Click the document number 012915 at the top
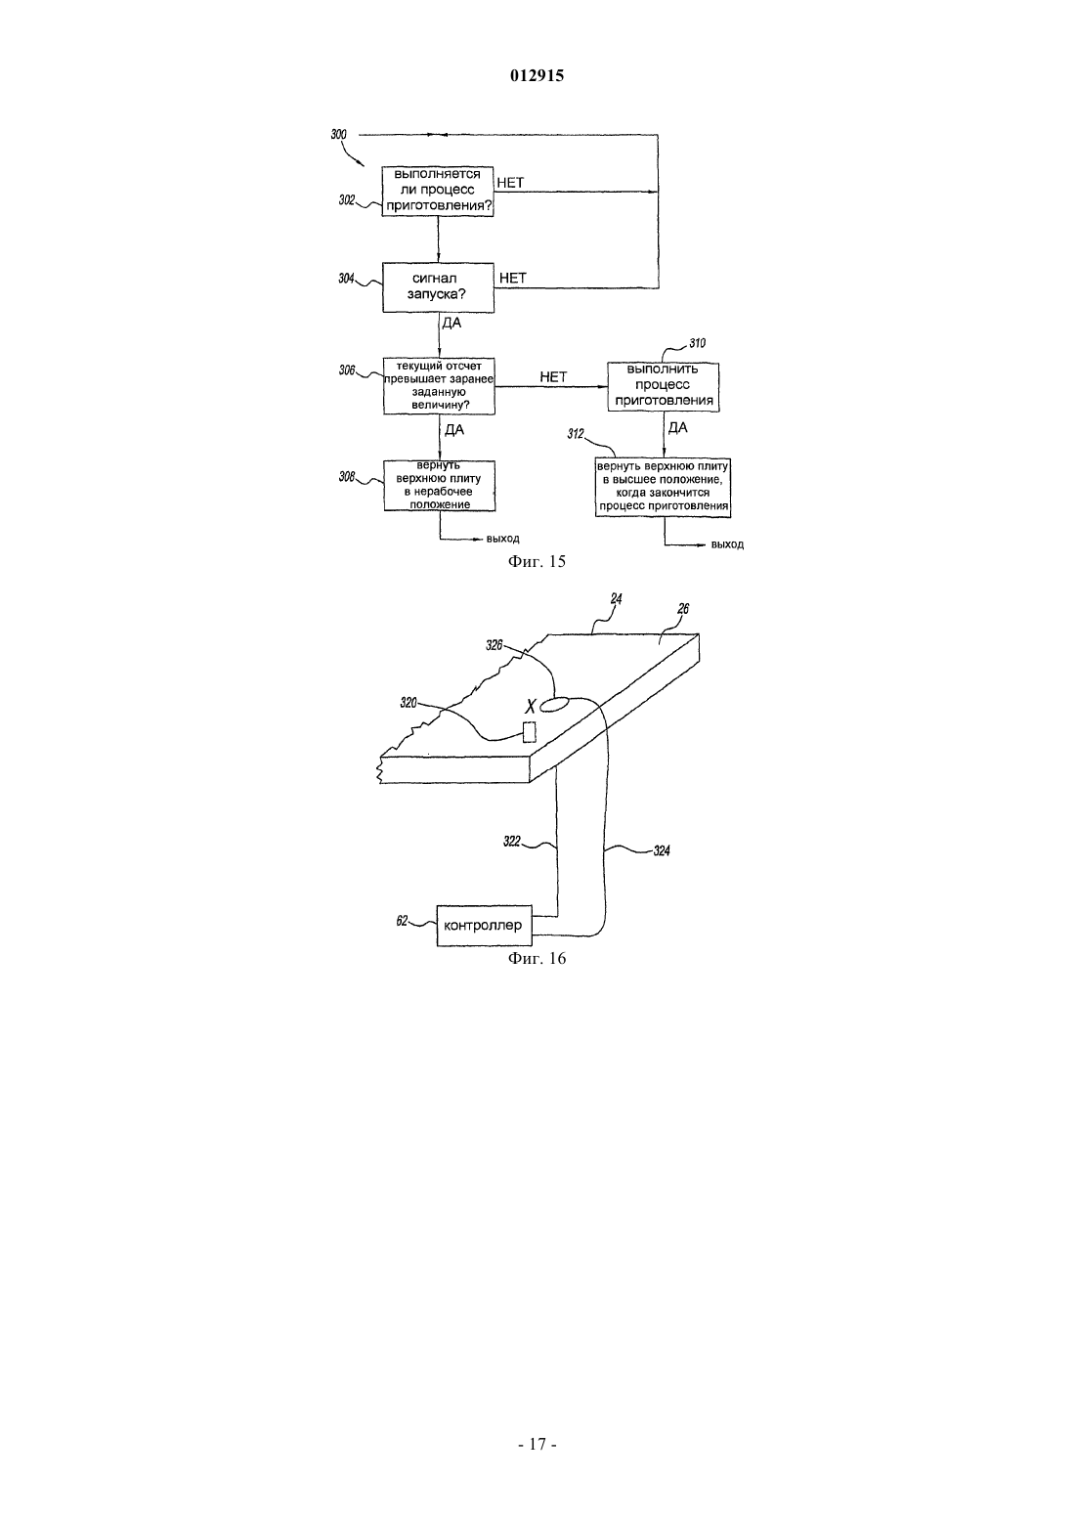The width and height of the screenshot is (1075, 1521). point(537,75)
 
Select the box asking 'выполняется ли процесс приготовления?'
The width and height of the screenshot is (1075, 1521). point(438,192)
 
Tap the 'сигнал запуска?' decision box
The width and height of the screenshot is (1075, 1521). point(439,287)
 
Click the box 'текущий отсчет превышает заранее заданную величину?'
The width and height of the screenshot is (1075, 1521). point(439,386)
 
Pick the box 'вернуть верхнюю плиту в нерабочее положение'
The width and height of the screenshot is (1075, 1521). point(440,486)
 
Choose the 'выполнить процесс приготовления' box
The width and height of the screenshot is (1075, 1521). point(663,387)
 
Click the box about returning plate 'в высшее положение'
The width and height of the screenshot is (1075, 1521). point(663,487)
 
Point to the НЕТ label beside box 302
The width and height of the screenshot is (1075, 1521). point(510,183)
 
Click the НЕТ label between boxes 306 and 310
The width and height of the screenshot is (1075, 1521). point(553,377)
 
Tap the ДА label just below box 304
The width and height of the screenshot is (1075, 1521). point(451,323)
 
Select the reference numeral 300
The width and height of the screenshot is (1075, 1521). point(339,135)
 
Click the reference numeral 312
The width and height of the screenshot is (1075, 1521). point(576,434)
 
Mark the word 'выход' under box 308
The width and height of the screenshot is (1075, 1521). point(503,540)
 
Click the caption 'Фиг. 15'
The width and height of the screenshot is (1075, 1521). point(537,561)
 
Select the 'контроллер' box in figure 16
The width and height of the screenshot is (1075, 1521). point(484,926)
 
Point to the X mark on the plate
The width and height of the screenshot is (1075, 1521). point(530,706)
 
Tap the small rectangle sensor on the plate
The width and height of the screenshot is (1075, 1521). point(530,732)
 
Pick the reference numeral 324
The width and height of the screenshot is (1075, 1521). point(662,850)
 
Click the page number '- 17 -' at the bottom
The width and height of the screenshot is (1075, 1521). point(537,1445)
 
